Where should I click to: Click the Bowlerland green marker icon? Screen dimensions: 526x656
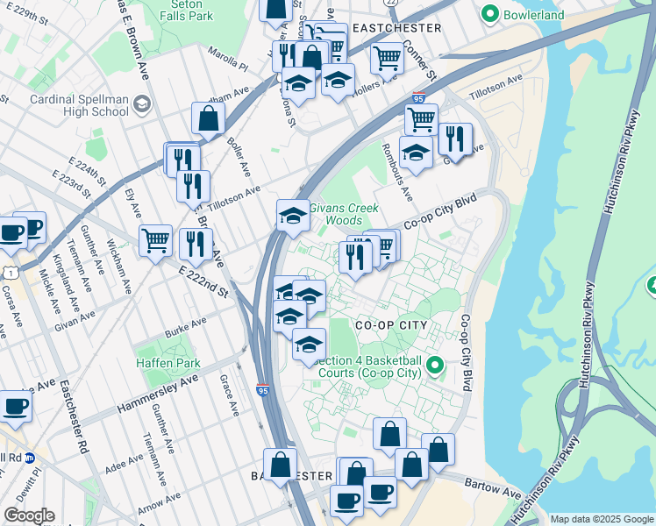(x=489, y=14)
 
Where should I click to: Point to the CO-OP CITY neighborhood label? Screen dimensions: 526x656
(x=390, y=325)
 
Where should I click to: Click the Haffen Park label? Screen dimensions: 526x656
(x=168, y=363)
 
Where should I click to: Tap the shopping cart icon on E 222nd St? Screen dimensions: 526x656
(x=155, y=239)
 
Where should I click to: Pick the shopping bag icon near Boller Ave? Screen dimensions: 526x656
(x=208, y=118)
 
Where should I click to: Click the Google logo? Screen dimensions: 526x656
(x=28, y=515)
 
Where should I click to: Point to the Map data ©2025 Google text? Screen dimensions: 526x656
(x=601, y=519)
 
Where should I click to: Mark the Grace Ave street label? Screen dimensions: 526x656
(x=230, y=395)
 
